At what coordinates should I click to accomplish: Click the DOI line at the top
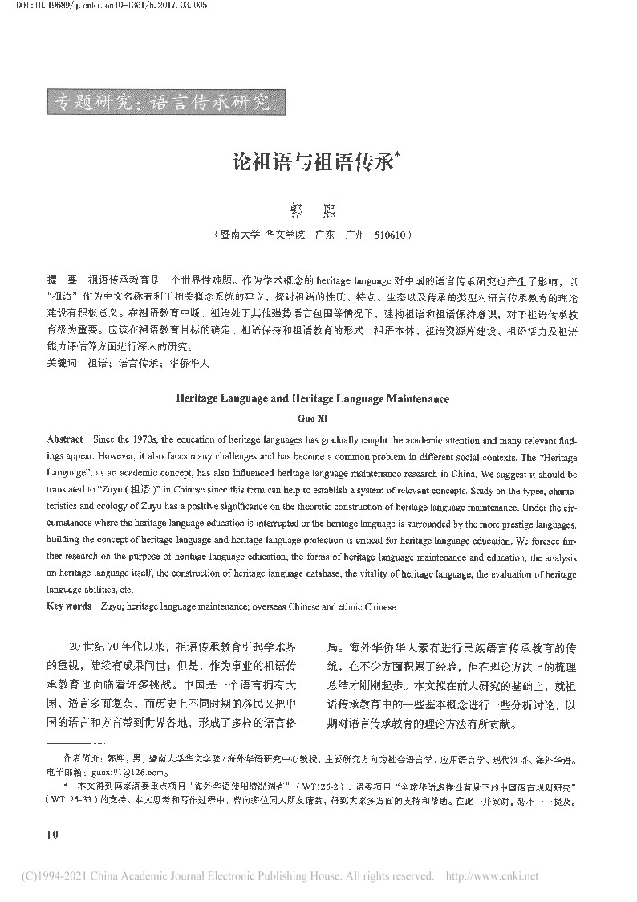(95, 7)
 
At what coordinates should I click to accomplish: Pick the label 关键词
(62, 363)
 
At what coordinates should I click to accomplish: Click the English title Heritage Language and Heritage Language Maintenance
(311, 398)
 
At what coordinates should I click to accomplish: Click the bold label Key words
(69, 606)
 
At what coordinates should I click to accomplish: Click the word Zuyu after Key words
(112, 606)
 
